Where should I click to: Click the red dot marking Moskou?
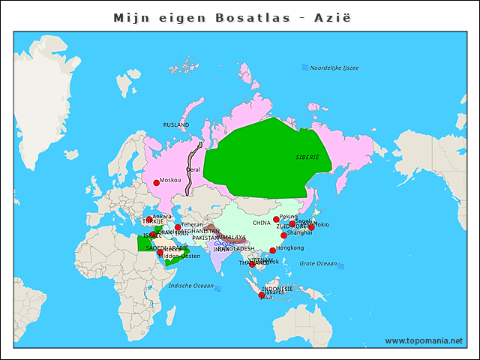[156, 183]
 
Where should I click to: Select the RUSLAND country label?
[176, 124]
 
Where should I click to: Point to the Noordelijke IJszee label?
[334, 68]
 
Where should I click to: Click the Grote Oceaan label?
[318, 263]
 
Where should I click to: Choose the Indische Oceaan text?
[191, 286]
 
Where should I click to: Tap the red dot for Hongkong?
[272, 250]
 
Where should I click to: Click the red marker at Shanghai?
[283, 235]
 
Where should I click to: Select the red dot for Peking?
[276, 220]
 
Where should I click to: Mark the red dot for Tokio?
[311, 226]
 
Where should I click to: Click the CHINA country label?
[262, 223]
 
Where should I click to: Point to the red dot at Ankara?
[149, 220]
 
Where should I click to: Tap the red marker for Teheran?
[178, 227]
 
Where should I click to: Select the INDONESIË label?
[277, 289]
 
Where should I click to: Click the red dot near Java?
[262, 295]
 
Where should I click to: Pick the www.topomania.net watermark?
[424, 340]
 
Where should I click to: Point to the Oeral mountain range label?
[193, 170]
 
